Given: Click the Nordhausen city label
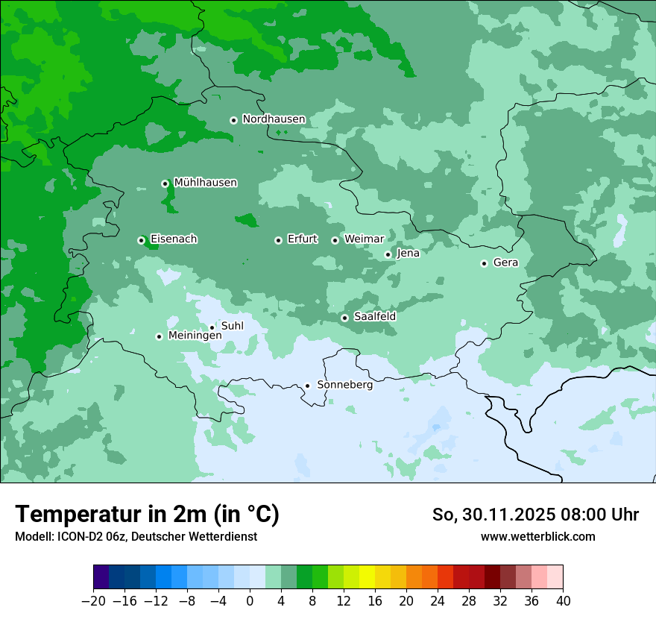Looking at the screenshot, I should coord(274,119).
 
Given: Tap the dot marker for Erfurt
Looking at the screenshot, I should coord(278,240).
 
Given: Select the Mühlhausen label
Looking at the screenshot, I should coord(205,183).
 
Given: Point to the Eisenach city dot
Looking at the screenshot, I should coord(141,240).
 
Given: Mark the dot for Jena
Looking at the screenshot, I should coord(388,254).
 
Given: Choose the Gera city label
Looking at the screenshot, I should coord(505,263).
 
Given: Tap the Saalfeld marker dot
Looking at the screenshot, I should coord(344,318).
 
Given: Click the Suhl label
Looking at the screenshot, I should coord(233,326).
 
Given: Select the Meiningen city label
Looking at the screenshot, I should coord(195,336).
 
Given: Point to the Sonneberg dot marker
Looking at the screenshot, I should coord(307,386).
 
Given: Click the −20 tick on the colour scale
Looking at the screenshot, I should coord(94,601).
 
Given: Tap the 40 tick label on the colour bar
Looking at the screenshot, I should coord(563,601).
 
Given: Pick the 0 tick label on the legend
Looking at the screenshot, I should coord(250,601).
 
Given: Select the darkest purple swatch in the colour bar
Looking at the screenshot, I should coord(101,577).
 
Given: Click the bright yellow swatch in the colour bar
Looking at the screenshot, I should coord(367,577).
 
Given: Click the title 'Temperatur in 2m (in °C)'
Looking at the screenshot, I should coord(148,514).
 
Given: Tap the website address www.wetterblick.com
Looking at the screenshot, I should coord(537,536).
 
